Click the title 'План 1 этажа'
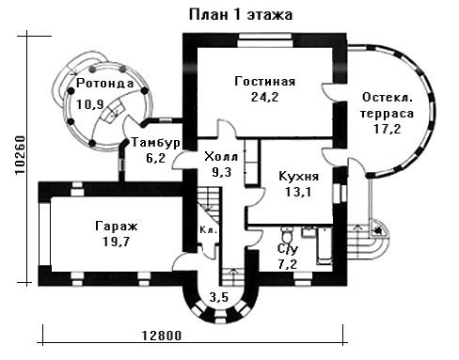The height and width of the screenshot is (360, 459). (241, 15)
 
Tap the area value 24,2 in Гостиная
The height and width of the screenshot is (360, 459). (265, 97)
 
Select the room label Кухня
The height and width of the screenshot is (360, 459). (299, 177)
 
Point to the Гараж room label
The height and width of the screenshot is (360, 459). (117, 226)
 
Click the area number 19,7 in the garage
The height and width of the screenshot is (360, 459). (117, 242)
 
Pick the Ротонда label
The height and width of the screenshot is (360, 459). (105, 84)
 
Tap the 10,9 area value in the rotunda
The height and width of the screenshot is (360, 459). (90, 104)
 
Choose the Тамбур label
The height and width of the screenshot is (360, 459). (156, 143)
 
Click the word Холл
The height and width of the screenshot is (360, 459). (221, 156)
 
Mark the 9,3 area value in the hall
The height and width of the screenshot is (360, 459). (221, 172)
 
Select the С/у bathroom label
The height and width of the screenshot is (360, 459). (288, 249)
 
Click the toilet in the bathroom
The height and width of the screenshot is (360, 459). (287, 233)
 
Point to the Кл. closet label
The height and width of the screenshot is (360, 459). (209, 230)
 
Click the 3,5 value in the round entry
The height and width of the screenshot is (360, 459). (219, 297)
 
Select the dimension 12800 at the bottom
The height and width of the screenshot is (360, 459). (162, 336)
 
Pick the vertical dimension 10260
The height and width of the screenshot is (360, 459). (21, 155)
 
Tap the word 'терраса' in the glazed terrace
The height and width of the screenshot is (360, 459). (387, 114)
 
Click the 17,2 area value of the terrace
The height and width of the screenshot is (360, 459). (388, 129)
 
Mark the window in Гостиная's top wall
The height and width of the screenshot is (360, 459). (265, 40)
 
